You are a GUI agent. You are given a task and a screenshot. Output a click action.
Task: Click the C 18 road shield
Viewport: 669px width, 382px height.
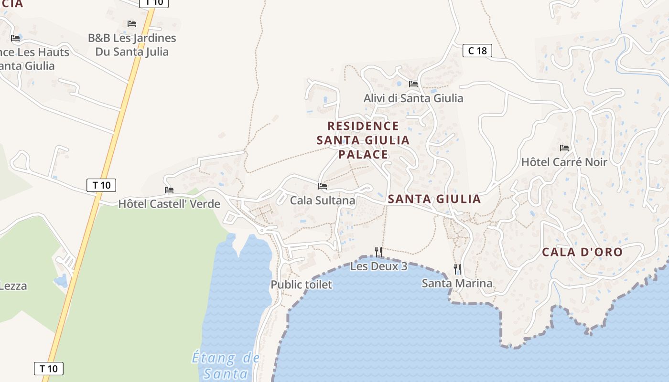477,51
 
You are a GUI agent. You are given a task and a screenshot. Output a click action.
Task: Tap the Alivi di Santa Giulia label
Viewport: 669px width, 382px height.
413,98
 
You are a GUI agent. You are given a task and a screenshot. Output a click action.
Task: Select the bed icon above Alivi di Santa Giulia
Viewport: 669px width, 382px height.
413,84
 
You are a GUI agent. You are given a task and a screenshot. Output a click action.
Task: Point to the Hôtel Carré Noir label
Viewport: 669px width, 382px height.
564,162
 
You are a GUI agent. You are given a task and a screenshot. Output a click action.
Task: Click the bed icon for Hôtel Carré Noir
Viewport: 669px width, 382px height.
564,148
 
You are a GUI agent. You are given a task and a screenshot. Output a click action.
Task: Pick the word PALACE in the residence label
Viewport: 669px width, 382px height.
363,154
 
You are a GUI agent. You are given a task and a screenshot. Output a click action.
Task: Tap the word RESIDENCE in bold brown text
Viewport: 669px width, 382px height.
363,126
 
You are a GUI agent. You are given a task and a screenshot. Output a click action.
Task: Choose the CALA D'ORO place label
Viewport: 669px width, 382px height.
582,253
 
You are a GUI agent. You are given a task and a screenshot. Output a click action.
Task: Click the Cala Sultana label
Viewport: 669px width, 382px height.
323,201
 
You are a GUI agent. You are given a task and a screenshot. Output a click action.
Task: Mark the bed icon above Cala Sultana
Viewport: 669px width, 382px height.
323,186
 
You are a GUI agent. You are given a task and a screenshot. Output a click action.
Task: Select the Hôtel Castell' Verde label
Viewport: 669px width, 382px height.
169,204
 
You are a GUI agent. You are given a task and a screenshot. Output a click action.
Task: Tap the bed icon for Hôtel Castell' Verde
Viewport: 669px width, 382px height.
169,190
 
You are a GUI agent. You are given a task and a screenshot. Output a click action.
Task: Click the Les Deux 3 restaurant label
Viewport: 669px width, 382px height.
378,266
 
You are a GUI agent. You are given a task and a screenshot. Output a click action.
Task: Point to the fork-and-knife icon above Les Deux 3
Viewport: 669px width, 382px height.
378,251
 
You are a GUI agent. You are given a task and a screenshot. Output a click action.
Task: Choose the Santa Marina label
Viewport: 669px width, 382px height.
457,284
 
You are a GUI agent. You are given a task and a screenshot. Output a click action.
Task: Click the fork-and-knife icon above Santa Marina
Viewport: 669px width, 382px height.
457,269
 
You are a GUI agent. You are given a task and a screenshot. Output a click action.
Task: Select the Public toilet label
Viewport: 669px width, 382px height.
301,285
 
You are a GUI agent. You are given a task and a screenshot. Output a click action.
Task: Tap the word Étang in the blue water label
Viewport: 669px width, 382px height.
214,358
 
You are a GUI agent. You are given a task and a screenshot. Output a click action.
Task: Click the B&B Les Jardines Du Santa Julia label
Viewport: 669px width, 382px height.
132,45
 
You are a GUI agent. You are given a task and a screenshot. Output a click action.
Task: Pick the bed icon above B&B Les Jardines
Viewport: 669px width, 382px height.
132,24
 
